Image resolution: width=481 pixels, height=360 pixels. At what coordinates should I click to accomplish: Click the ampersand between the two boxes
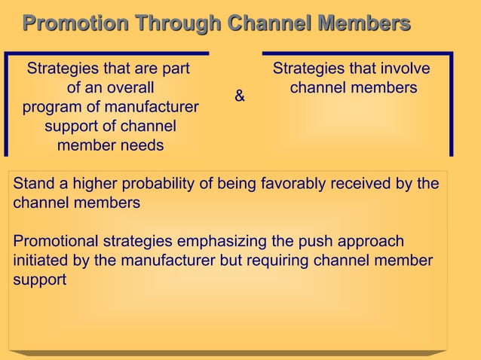(240, 96)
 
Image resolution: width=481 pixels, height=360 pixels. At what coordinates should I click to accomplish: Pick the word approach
(366, 242)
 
